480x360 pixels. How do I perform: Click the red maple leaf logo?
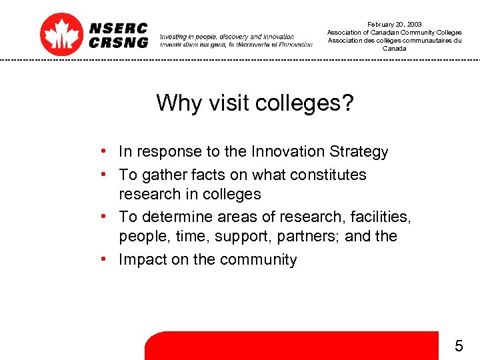click(61, 34)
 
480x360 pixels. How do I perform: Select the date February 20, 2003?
click(394, 25)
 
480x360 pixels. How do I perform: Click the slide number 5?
click(459, 345)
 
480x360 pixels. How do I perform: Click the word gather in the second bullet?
click(161, 175)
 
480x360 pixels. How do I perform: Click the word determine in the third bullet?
click(175, 217)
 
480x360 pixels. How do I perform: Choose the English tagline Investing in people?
click(227, 37)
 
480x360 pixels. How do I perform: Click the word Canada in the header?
click(394, 49)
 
